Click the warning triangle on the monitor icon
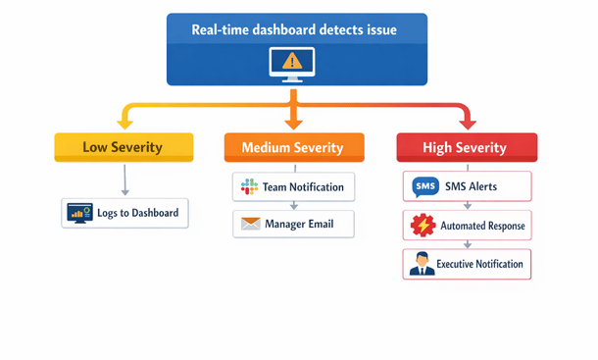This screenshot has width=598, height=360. tap(292, 62)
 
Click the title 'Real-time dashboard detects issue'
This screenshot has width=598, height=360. tap(296, 30)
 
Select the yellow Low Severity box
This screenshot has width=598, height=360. tap(122, 148)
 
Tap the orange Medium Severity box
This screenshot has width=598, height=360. tap(294, 148)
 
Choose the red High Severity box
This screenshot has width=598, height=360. tap(466, 148)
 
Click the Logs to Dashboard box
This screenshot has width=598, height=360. tap(125, 213)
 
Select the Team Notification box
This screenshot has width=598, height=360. tap(294, 186)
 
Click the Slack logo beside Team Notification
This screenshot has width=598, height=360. tap(248, 186)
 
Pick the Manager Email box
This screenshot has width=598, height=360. tap(294, 224)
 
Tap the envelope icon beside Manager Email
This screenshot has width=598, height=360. tap(248, 225)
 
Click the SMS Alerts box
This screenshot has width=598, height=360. tap(467, 186)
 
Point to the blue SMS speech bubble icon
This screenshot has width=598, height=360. tap(424, 186)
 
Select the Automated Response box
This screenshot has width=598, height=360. tap(467, 226)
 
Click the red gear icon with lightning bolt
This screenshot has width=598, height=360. tap(423, 226)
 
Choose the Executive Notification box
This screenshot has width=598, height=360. tap(467, 264)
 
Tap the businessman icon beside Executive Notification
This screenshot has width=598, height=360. tap(423, 264)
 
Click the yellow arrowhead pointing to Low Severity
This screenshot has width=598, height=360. tap(124, 124)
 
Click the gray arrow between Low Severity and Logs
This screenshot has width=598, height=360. tap(125, 180)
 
